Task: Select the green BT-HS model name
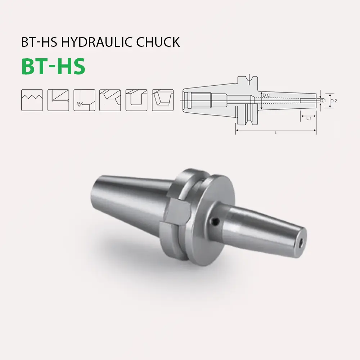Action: coord(53,66)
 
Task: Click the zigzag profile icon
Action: coord(32,100)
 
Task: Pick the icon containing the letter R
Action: coord(84,100)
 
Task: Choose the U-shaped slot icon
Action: coord(136,100)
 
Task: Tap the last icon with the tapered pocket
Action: coord(163,100)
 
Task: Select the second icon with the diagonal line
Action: coord(58,100)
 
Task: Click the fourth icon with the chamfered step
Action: coord(110,100)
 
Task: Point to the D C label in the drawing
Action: coord(266,95)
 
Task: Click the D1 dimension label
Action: coord(323,101)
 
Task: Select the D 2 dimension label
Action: coord(334,101)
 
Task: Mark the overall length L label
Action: coord(276,133)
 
